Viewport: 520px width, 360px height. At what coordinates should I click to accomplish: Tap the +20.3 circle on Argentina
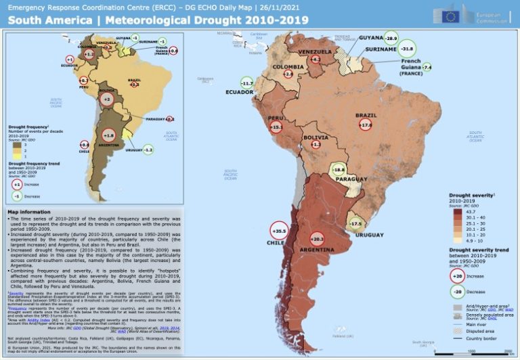coord(318,239)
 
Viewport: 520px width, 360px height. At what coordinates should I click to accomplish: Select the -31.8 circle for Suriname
coord(407,49)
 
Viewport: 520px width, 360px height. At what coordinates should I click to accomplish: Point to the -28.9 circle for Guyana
coord(391,38)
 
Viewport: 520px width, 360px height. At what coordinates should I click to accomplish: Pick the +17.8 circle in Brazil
coord(366,125)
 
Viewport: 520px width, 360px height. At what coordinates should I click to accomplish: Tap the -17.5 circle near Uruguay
coord(355,223)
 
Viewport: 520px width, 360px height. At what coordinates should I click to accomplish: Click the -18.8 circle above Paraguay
coord(339,170)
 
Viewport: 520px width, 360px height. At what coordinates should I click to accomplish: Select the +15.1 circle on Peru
coord(276,127)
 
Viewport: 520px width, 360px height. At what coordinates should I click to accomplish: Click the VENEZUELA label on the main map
coord(315,52)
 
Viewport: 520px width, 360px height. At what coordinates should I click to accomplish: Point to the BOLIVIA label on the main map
coord(316,137)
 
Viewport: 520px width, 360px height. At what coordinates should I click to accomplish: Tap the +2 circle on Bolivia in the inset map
coord(106,99)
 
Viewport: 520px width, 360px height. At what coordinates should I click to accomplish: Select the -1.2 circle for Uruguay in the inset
coord(148,149)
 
